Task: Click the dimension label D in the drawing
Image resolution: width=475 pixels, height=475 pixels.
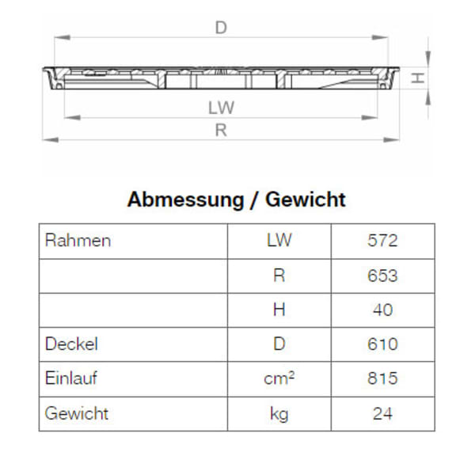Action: (x=221, y=28)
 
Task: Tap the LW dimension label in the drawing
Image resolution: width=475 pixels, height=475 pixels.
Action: (x=222, y=107)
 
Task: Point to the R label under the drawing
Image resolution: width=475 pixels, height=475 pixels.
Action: (x=221, y=131)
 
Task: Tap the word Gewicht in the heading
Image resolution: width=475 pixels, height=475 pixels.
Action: (x=306, y=199)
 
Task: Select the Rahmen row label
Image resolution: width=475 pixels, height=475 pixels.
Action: (x=78, y=241)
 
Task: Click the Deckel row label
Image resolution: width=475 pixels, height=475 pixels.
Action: (x=71, y=344)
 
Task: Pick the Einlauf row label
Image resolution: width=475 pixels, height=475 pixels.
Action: (x=71, y=378)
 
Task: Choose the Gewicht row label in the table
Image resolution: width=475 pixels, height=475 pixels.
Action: (x=76, y=413)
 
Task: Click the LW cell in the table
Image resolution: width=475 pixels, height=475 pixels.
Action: (x=279, y=241)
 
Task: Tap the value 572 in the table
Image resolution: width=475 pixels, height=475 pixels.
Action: (x=382, y=241)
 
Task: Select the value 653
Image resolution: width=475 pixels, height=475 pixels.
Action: (x=382, y=275)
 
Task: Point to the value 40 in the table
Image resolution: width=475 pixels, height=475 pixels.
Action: (x=382, y=310)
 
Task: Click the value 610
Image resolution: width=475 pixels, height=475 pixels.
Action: (x=382, y=344)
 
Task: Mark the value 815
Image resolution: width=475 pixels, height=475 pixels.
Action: (x=382, y=378)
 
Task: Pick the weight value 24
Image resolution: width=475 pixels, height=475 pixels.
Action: (x=382, y=413)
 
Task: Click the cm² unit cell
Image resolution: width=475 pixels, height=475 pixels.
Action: (x=279, y=378)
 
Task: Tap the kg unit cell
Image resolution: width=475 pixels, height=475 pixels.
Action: (x=279, y=413)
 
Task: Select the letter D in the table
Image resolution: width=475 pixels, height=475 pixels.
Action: (x=279, y=344)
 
